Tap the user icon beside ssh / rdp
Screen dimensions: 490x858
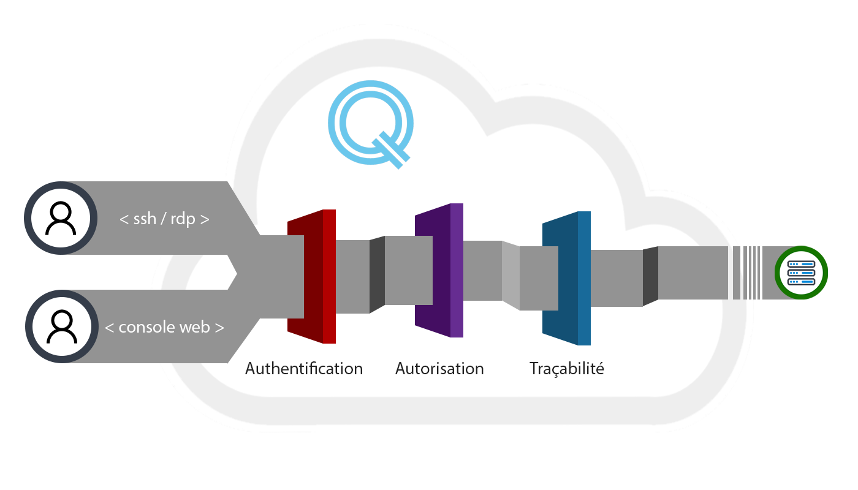[x=61, y=218]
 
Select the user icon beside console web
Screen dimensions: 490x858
[x=61, y=326]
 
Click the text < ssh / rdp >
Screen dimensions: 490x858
[x=164, y=218]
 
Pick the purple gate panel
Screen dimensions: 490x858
[x=439, y=271]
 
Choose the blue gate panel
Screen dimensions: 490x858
[x=566, y=279]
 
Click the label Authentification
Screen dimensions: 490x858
[x=304, y=369]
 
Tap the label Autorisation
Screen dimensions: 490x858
[x=439, y=369]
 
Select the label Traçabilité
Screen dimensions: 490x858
[x=567, y=369]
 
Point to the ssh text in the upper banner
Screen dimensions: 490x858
[x=145, y=218]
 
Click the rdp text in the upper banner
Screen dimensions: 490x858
[x=183, y=218]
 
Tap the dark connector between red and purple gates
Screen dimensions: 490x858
[x=377, y=274]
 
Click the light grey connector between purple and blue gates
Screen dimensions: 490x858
[x=511, y=274]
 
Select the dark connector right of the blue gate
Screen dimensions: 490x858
[x=650, y=276]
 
